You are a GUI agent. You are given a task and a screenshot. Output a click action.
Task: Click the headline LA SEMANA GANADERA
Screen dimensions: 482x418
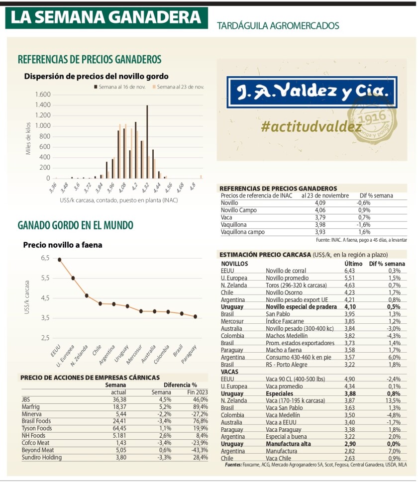click(106, 17)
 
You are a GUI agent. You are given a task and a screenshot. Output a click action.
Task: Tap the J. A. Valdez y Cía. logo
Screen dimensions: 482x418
click(312, 92)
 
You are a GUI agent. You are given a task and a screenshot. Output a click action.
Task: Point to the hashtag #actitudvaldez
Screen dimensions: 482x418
click(311, 127)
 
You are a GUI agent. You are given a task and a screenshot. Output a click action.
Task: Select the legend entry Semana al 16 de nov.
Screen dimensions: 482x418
click(120, 87)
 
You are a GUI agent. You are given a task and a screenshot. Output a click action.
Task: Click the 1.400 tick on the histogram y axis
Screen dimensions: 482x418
click(43, 105)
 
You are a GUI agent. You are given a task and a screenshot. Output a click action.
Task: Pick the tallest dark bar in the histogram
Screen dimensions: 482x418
click(147, 141)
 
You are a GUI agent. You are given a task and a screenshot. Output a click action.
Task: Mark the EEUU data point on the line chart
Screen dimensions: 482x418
click(59, 259)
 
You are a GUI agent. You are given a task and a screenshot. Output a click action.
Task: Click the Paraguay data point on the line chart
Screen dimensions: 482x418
click(195, 316)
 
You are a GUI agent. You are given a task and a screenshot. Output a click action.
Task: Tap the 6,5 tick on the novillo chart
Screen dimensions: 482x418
click(45, 258)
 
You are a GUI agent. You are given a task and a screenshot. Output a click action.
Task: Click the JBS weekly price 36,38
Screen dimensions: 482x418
click(123, 399)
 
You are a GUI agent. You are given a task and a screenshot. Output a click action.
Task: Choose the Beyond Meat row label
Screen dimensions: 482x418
click(38, 450)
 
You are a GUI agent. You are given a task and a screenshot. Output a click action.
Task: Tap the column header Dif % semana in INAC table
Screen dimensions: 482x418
click(376, 195)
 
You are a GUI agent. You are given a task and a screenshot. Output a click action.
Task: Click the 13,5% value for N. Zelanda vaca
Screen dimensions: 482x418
click(393, 400)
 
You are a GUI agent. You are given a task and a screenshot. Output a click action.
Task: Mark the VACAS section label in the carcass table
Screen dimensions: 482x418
click(229, 372)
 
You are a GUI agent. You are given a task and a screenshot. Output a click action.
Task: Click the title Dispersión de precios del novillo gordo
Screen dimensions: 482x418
click(96, 76)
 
